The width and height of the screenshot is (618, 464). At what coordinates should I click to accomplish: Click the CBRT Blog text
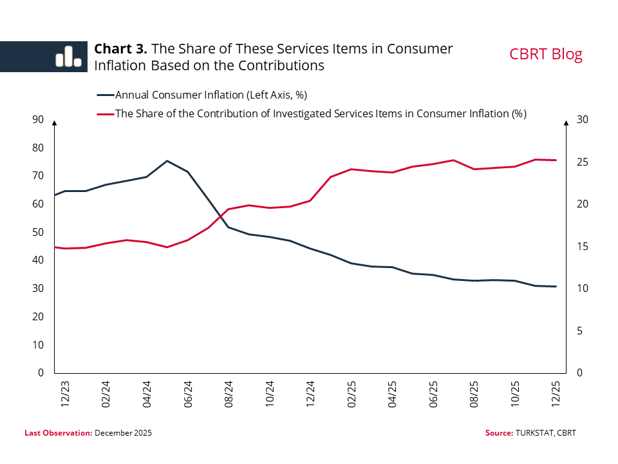pyautogui.click(x=546, y=54)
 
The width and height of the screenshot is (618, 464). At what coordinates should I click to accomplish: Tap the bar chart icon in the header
pyautogui.click(x=68, y=57)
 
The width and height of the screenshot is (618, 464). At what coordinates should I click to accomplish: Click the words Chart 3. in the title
pyautogui.click(x=121, y=49)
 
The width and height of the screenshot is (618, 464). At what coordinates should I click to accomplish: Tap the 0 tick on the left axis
pyautogui.click(x=40, y=373)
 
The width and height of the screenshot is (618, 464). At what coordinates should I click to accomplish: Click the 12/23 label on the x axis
pyautogui.click(x=66, y=393)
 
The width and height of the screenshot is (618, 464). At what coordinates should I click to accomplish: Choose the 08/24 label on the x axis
pyautogui.click(x=230, y=393)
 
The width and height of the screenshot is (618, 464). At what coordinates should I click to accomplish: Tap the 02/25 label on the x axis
pyautogui.click(x=352, y=393)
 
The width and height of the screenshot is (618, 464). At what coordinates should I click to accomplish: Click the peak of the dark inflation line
pyautogui.click(x=167, y=160)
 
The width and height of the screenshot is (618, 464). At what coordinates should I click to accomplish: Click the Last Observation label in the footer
pyautogui.click(x=59, y=433)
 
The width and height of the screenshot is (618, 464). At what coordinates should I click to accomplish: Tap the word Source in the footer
pyautogui.click(x=498, y=433)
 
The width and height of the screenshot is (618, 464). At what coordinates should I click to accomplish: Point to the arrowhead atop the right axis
pyautogui.click(x=566, y=122)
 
